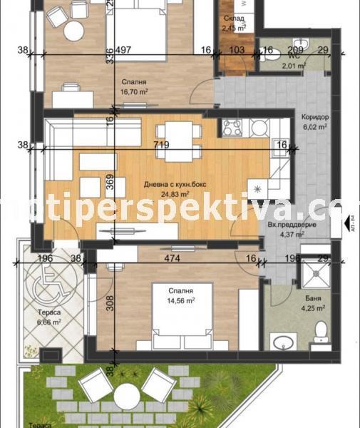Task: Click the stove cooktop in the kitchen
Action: coord(232,128)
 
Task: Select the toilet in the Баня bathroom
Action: coord(320,330)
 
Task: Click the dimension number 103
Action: coord(237,50)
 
